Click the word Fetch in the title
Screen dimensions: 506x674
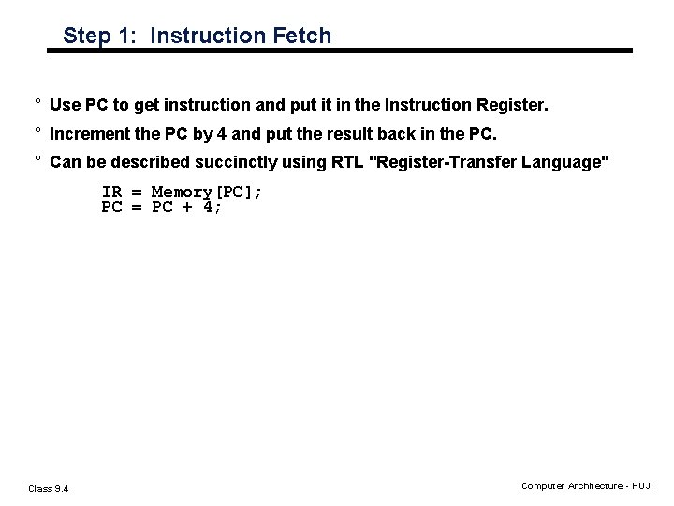tap(301, 37)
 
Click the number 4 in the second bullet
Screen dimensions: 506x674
tap(221, 134)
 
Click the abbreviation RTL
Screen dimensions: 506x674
tap(348, 163)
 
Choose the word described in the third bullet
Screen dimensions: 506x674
tap(154, 163)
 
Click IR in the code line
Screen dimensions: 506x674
tap(112, 192)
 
